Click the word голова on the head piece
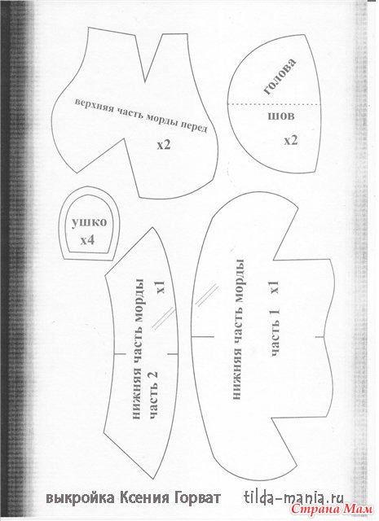coord(280,76)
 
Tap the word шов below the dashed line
coord(281,116)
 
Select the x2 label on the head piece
coord(290,141)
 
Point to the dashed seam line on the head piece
coord(274,104)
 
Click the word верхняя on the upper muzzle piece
coord(95,107)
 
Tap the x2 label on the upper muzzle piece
coord(164,145)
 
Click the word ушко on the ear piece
coord(89,222)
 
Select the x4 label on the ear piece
coord(87,239)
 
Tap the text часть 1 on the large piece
coord(276,332)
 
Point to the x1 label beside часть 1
coord(275,287)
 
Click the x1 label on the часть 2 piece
coord(161,287)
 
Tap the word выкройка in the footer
coord(81,498)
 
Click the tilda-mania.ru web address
coord(293,497)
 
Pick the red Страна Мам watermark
coord(333,509)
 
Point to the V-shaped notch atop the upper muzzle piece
coord(145,81)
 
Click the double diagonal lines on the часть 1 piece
coord(205,295)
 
